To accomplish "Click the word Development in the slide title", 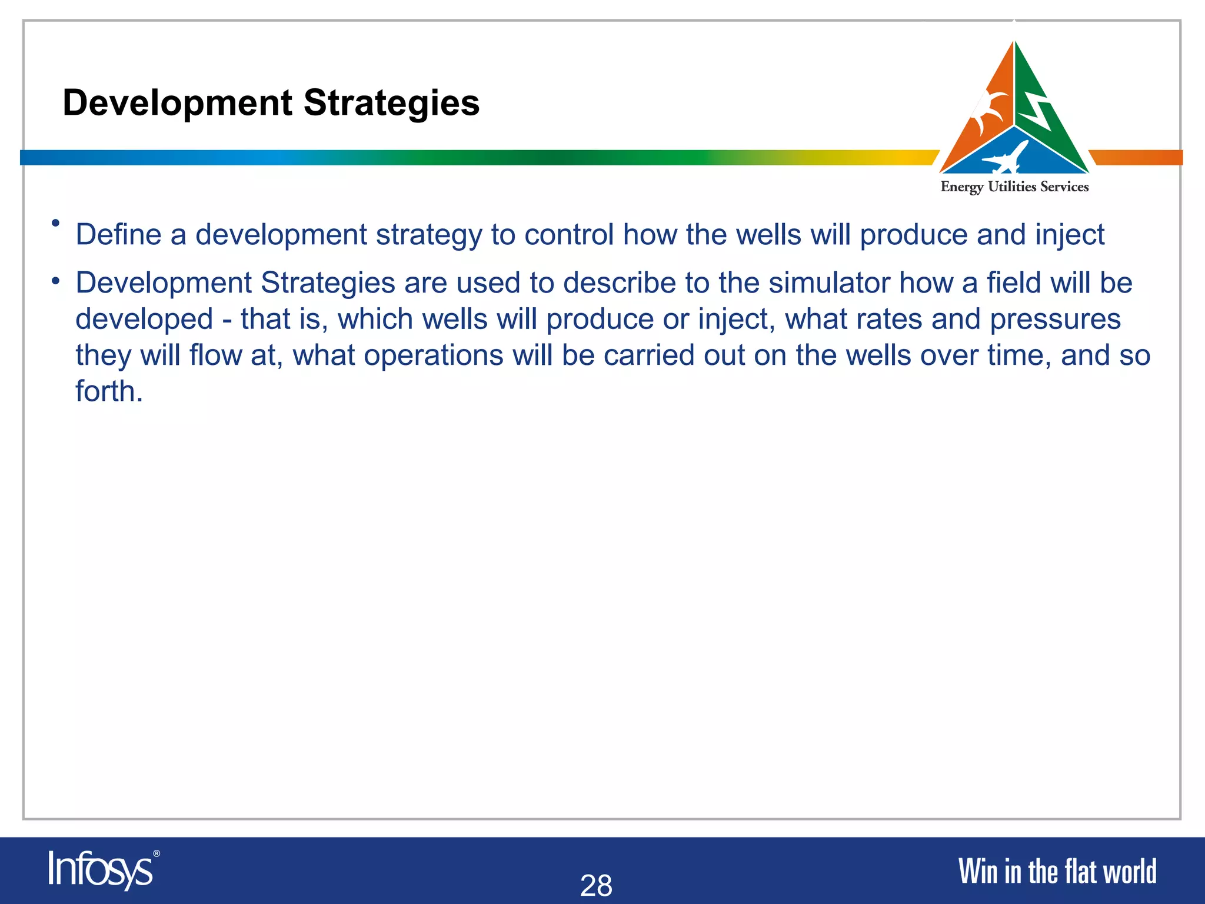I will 177,103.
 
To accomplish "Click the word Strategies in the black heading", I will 391,103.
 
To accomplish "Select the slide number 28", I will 596,885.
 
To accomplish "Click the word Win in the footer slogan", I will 978,872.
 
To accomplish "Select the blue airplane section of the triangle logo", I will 1013,153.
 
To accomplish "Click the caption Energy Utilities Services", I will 1014,187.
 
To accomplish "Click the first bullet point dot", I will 56,223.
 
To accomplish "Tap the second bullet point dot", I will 56,281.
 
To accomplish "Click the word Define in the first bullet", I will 118,235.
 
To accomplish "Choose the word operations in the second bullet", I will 434,356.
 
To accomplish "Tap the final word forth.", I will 109,391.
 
